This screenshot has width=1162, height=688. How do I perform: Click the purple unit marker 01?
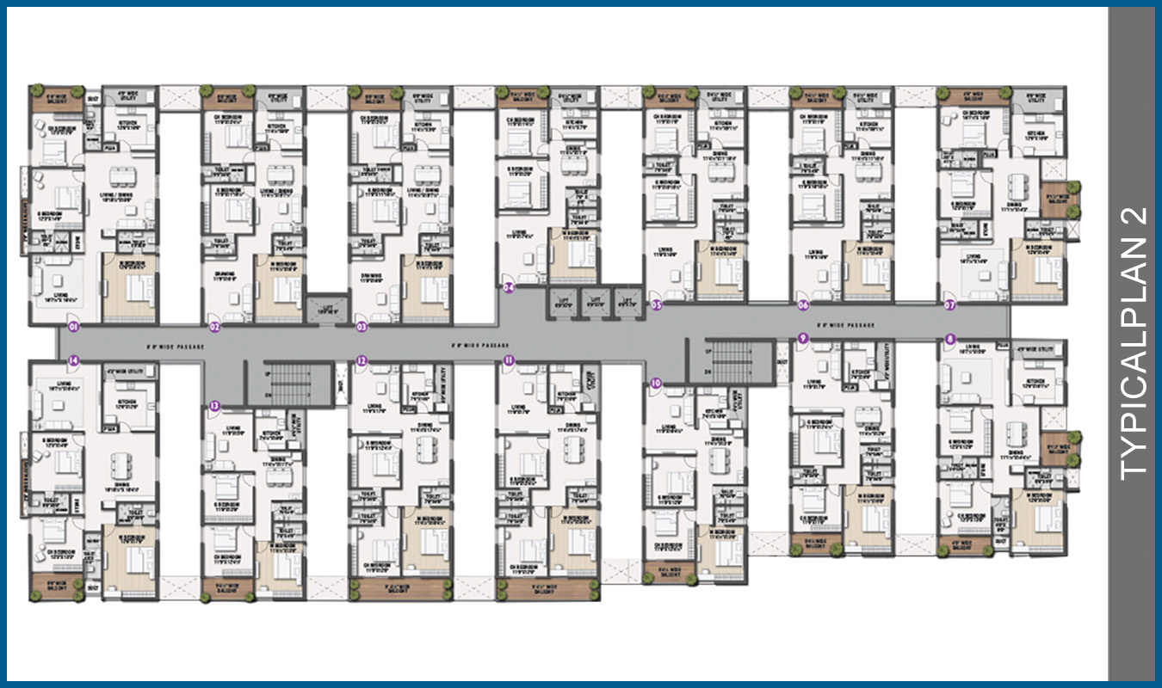[74, 327]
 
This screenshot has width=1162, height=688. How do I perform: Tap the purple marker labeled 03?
[362, 327]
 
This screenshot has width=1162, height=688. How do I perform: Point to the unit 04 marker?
[510, 288]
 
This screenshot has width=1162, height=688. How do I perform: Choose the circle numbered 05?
[657, 304]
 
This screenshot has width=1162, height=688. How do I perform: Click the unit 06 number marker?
[803, 304]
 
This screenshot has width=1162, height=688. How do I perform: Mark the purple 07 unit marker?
[950, 304]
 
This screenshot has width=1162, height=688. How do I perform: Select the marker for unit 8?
[950, 339]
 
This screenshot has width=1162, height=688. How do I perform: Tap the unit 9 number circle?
[803, 339]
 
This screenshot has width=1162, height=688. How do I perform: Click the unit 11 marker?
[510, 360]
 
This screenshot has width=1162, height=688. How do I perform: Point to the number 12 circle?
[362, 360]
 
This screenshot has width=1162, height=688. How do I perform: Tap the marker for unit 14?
[74, 360]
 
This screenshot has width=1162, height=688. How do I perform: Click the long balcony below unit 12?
[400, 589]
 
